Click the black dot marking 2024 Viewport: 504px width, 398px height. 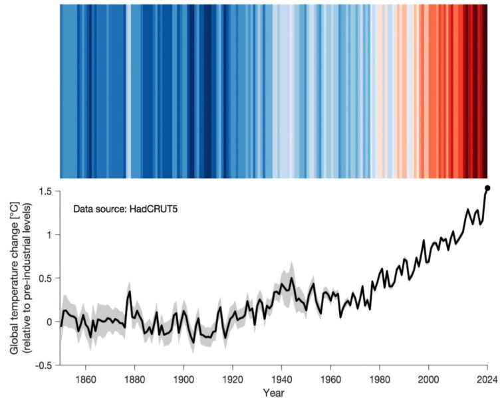487,189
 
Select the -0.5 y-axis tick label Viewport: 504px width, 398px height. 44,365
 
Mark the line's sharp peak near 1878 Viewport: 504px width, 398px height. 130,291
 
